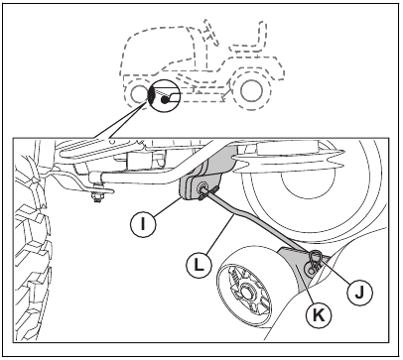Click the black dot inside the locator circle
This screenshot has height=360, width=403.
(x=160, y=99)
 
